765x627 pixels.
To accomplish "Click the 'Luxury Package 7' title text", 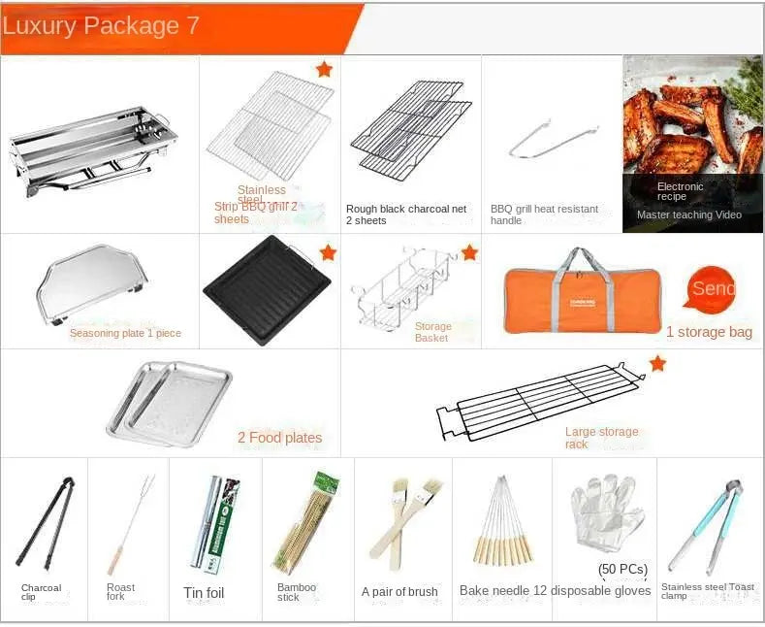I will pos(101,25).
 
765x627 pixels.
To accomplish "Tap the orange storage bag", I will pos(581,288).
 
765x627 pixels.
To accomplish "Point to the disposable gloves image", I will pos(605,512).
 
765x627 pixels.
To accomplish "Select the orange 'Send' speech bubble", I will pos(714,288).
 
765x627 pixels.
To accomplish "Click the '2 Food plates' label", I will pos(279,438).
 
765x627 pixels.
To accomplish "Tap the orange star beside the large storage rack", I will pos(657,363).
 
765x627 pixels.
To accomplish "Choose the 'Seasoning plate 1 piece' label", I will pos(125,333).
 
